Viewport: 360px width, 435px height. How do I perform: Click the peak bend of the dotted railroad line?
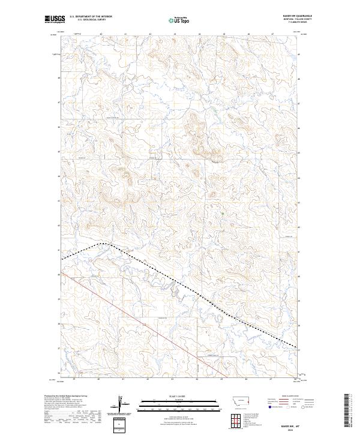coord(103,244)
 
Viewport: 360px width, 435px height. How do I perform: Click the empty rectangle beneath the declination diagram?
coord(119,425)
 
